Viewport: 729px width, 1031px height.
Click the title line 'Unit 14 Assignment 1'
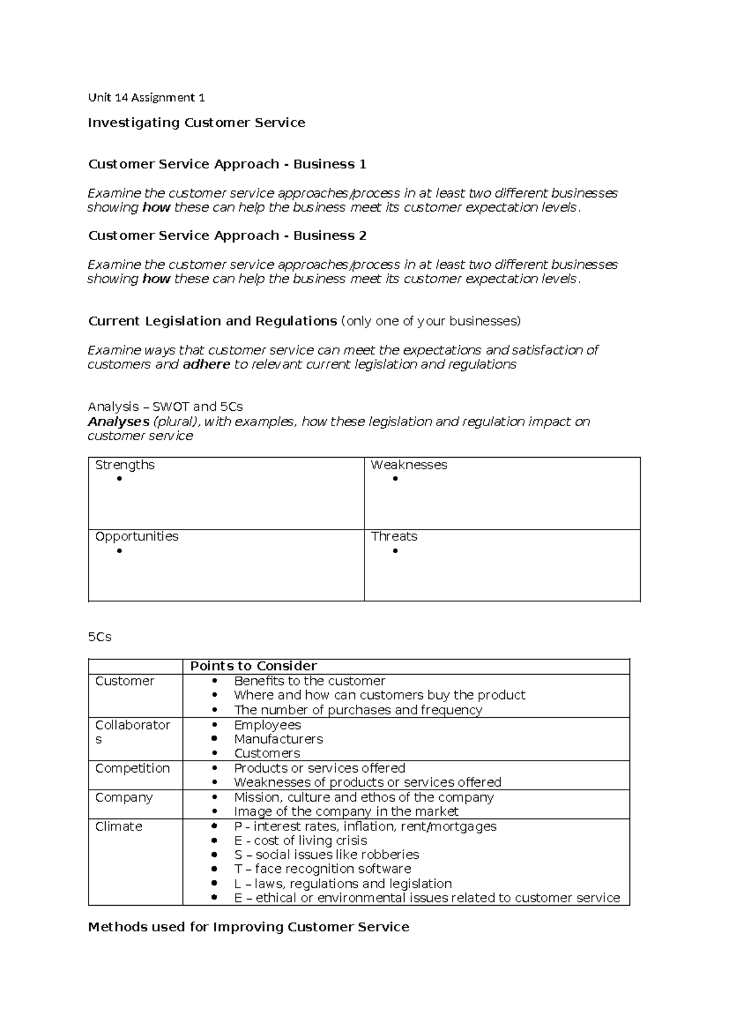coord(146,97)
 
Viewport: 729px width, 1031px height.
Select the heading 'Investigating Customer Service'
coord(196,123)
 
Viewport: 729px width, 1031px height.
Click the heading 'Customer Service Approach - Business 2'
coord(227,235)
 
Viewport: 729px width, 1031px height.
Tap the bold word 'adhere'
coord(206,364)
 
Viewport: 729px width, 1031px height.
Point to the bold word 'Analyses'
coord(118,421)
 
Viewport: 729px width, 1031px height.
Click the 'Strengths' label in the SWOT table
coord(125,465)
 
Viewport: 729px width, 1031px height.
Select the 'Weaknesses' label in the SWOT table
coord(409,465)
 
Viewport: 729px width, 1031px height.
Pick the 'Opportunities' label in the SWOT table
coord(137,536)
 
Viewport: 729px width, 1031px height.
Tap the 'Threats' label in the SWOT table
coord(394,536)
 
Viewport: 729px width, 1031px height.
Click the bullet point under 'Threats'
coord(395,551)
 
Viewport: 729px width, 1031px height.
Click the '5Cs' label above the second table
coord(100,637)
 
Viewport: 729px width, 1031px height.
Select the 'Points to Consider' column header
coord(253,666)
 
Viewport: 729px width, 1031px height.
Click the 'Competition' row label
coord(132,768)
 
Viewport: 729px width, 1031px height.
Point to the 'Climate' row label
coord(118,826)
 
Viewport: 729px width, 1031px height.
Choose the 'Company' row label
coord(124,797)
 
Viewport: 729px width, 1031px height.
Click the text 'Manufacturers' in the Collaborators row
coord(278,739)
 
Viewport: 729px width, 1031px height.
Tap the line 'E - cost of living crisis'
coord(300,841)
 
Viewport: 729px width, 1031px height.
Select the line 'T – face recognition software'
coord(322,869)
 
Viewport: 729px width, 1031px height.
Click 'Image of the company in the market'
coord(346,812)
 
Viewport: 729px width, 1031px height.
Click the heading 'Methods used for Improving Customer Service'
coord(248,927)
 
